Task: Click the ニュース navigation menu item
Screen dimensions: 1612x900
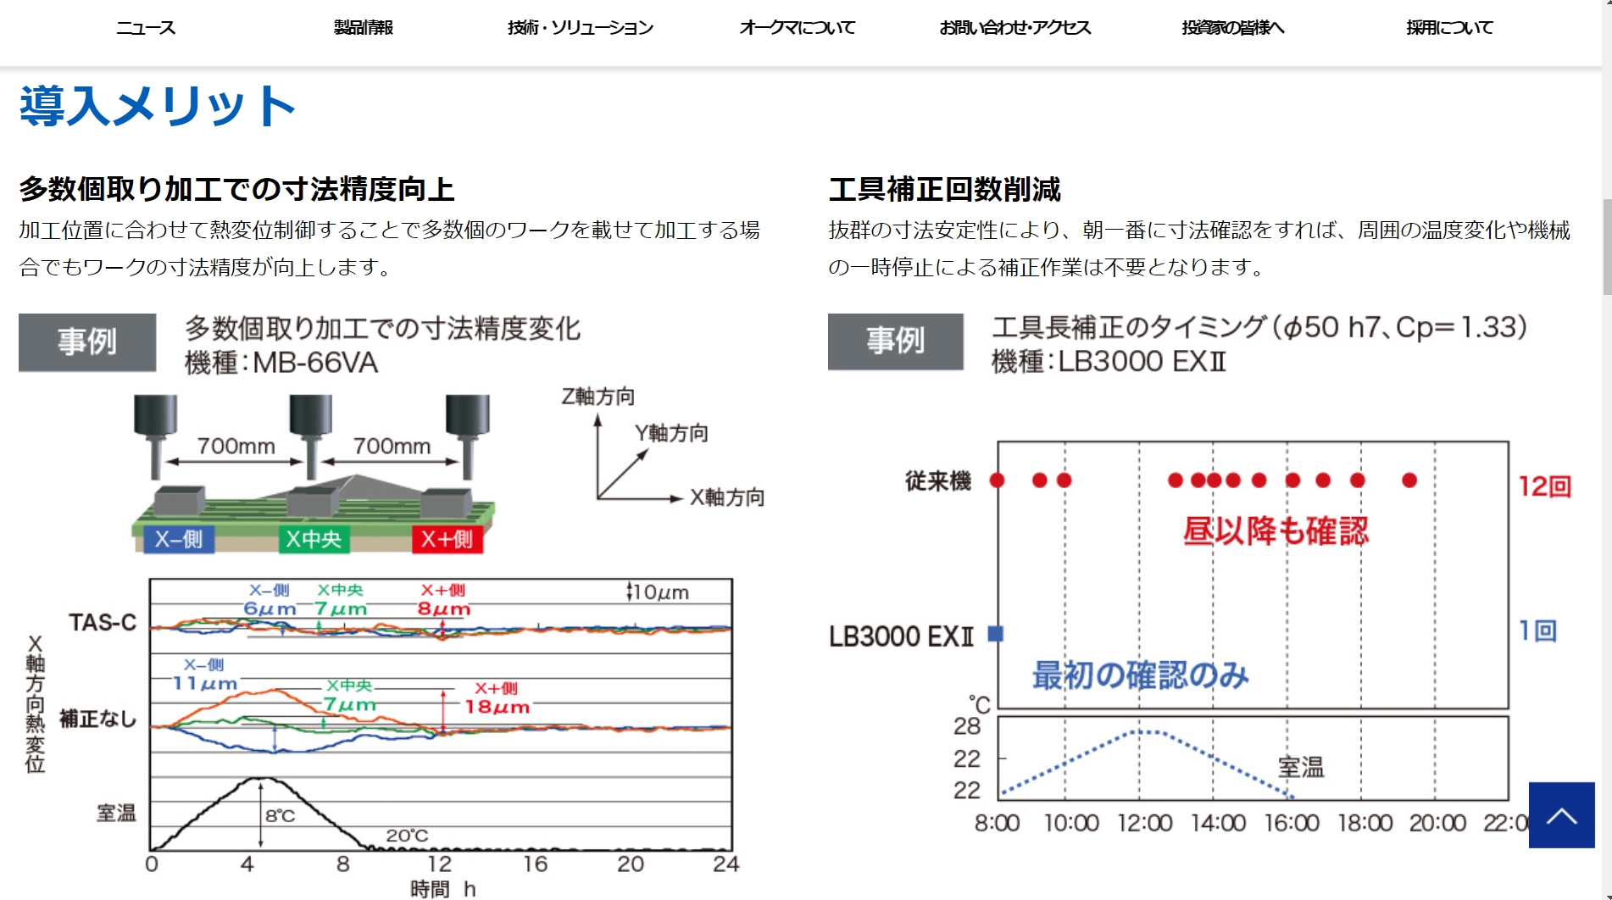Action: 146,28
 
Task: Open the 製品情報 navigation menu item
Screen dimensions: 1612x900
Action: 363,28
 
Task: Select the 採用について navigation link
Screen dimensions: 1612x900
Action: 1449,28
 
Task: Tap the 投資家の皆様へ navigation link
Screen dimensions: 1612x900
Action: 1233,28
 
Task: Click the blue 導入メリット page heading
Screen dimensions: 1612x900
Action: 158,106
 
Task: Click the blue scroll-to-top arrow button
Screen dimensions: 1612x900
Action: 1561,815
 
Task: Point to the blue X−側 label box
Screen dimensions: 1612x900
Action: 179,539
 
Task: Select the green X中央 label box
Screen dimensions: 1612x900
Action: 314,539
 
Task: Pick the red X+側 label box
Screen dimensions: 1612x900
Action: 447,539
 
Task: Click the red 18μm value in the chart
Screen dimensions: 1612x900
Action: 497,707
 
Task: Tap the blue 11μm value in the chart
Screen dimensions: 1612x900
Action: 204,683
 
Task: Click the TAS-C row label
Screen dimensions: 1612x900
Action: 103,623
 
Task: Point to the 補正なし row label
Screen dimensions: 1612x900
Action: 97,719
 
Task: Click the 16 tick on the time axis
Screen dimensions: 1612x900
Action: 535,864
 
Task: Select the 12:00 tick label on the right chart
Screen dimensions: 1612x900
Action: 1144,823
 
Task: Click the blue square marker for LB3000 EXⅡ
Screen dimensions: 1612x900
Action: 997,633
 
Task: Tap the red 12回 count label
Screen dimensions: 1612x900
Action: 1544,486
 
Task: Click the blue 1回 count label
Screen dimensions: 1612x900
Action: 1537,631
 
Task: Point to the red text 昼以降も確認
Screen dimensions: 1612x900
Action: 1276,531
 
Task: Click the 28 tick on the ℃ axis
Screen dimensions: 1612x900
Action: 967,726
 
